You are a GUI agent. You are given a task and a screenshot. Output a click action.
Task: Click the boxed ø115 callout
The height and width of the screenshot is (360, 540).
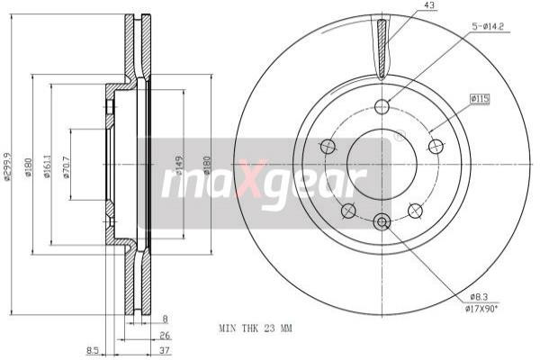(479, 98)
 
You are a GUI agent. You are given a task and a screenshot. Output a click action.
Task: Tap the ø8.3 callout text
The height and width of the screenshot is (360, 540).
(479, 297)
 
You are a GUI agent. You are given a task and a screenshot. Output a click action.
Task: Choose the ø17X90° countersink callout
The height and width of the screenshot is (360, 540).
(484, 309)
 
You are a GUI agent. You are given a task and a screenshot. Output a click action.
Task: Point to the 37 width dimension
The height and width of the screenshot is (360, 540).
(166, 351)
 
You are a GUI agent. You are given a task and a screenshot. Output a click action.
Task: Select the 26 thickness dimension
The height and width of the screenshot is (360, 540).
(166, 335)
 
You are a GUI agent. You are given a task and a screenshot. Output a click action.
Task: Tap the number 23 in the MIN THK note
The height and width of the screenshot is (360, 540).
(267, 328)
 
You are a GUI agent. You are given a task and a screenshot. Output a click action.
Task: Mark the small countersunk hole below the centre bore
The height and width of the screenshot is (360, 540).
(382, 221)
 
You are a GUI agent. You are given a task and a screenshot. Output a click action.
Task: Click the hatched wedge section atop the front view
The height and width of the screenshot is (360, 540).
(382, 49)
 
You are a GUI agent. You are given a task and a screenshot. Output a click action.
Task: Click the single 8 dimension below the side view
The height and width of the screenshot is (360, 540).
(166, 319)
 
